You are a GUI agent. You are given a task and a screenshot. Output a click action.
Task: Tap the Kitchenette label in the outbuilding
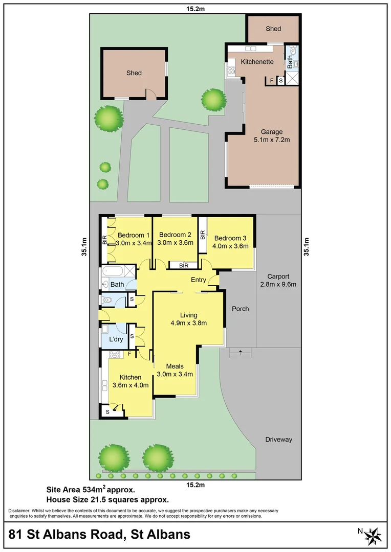[x=257, y=61]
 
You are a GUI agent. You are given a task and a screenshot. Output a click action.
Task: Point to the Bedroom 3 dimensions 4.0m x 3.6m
[x=230, y=246]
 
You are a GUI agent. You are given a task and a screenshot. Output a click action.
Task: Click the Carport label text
[x=278, y=276]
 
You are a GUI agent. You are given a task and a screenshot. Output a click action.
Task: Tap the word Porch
[x=241, y=309]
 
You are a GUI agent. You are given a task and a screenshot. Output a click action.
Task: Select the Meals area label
[x=175, y=366]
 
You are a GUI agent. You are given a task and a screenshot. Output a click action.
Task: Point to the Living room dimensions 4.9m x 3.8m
[x=188, y=323]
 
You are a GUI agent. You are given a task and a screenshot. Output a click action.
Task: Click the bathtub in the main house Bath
[x=112, y=271]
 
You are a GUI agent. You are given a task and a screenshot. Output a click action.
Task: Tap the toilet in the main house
[x=107, y=301]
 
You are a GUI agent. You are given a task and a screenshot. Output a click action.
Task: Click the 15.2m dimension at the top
[x=195, y=9]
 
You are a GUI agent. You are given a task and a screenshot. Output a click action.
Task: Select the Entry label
[x=199, y=280]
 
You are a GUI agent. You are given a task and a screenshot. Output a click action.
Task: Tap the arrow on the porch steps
[x=240, y=352]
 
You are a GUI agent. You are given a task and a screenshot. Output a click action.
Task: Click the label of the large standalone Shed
[x=134, y=73]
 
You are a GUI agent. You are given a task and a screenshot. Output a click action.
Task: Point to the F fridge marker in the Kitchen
[x=129, y=353]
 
